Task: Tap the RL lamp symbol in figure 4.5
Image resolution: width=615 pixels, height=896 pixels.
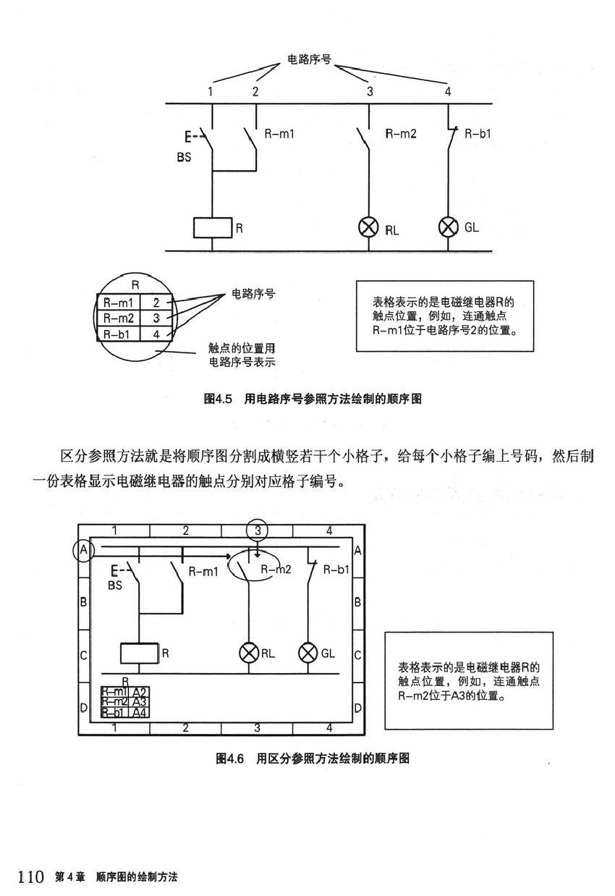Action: [x=369, y=228]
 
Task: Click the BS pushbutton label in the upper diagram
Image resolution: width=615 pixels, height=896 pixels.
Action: [x=184, y=158]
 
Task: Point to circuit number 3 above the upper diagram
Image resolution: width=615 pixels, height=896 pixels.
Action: [x=370, y=92]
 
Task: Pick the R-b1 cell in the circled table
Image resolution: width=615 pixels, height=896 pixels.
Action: [x=118, y=334]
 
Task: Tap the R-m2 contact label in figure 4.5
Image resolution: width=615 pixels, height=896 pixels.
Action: [x=400, y=133]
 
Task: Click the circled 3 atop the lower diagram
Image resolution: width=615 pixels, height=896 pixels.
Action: [x=257, y=531]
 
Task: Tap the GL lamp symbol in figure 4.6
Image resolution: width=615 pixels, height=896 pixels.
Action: [x=309, y=653]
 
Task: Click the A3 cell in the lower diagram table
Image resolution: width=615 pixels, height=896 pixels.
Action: [x=140, y=702]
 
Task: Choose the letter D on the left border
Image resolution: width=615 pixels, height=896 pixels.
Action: [x=83, y=706]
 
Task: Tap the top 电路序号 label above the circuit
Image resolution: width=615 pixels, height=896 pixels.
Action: [x=309, y=59]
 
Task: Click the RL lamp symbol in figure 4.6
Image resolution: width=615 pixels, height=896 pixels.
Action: [x=249, y=653]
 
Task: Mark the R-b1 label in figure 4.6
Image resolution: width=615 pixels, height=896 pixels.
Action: [x=336, y=570]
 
